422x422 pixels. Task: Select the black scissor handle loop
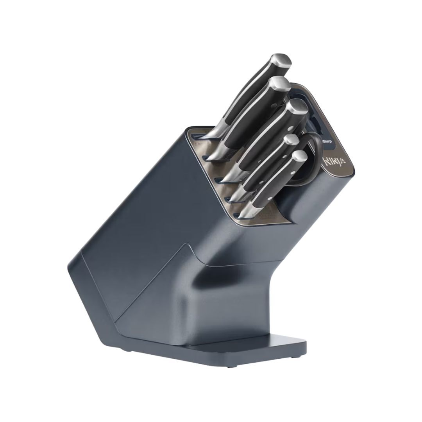coord(313,156)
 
